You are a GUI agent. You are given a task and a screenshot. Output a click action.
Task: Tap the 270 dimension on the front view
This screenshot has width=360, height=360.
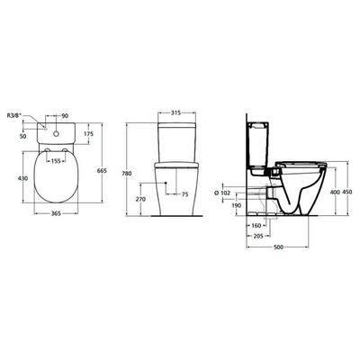point(139,197)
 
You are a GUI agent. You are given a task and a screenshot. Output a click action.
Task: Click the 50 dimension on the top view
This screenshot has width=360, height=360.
point(20,135)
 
